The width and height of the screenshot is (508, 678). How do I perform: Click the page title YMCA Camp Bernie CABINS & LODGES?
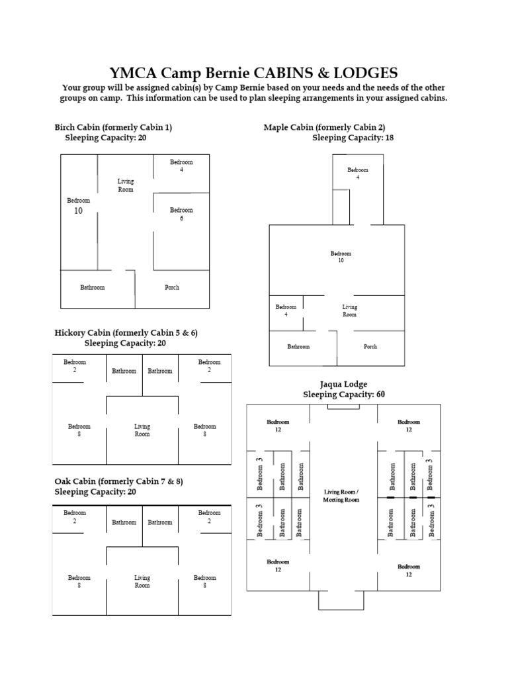(254, 72)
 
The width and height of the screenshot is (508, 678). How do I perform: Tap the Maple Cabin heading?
(324, 127)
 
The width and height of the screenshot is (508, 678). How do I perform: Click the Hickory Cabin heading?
(126, 332)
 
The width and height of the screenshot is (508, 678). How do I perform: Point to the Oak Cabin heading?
(118, 481)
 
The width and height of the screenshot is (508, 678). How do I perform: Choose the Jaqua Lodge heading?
(343, 384)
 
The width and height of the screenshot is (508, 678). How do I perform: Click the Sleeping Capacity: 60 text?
(343, 395)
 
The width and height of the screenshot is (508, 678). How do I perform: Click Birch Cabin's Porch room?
(172, 287)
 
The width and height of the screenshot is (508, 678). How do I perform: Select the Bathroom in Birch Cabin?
(93, 287)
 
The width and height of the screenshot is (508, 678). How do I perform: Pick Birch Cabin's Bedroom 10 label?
(78, 206)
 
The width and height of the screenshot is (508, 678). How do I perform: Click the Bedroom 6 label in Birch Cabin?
(181, 214)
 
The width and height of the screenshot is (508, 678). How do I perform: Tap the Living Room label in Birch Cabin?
(126, 185)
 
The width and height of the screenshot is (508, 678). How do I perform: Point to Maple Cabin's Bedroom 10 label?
(341, 257)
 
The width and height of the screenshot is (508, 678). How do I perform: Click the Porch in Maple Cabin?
(370, 346)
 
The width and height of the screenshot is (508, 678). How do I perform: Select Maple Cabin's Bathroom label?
(298, 346)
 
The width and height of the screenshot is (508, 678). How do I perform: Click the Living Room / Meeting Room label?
(341, 496)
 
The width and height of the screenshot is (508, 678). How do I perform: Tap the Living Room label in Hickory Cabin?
(142, 430)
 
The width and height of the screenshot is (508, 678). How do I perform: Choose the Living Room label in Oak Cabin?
(142, 581)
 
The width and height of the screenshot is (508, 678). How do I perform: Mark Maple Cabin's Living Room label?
(349, 311)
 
